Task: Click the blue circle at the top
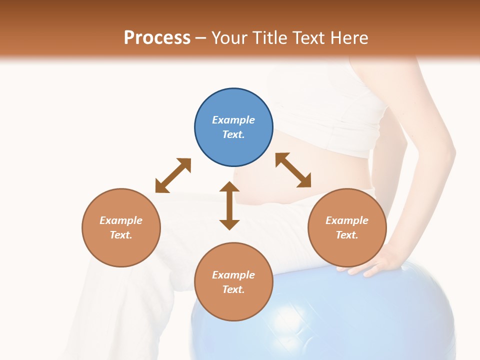pos(233,127)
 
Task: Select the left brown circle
pos(121,227)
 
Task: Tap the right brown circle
pos(347,227)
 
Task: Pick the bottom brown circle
pos(233,282)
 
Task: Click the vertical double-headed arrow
pos(229,205)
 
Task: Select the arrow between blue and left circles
pos(173,175)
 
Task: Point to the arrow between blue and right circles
pos(293,170)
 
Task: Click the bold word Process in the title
pos(157,37)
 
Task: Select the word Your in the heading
pos(229,37)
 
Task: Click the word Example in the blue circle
pos(233,120)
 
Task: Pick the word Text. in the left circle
pos(121,235)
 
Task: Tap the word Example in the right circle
pos(347,220)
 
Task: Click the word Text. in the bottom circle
pos(233,289)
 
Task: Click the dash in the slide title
pos(201,38)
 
